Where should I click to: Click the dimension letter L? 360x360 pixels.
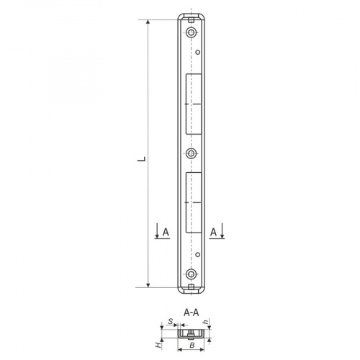point(142,159)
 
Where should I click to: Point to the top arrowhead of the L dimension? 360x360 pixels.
point(148,22)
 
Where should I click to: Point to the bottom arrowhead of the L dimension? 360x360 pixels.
point(148,285)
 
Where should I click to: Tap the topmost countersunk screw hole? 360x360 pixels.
point(191,32)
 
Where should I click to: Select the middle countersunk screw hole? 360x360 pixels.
point(191,153)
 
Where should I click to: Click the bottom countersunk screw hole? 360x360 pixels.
point(191,274)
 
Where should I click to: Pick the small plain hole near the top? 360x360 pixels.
point(198,52)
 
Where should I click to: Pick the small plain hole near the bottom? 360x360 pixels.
point(198,255)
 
